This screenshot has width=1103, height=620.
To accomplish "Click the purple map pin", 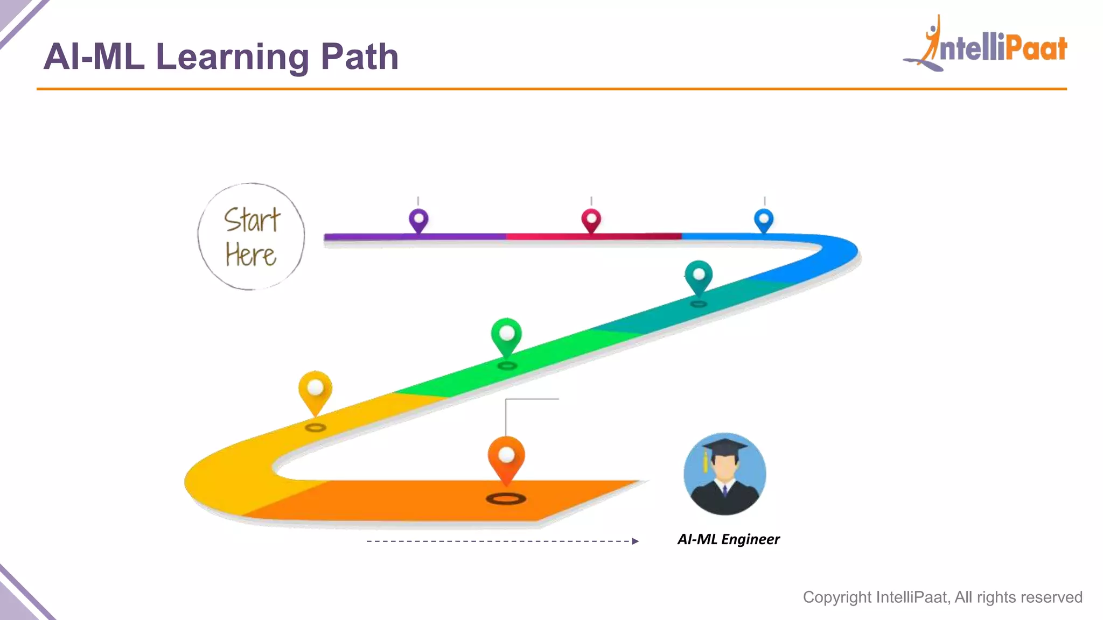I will (x=418, y=220).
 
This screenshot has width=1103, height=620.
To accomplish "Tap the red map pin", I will (x=591, y=220).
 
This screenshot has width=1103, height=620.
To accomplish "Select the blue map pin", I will (x=764, y=220).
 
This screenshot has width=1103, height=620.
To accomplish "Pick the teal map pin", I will (x=699, y=276).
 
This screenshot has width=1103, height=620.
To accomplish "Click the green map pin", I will (x=506, y=335).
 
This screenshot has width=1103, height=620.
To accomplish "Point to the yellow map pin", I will (x=315, y=389).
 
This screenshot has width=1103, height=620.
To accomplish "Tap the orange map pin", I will (x=506, y=457).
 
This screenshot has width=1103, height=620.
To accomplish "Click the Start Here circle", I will (x=251, y=237).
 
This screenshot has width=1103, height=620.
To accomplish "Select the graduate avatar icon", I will (x=724, y=474).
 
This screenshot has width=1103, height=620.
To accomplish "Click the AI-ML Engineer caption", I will (x=728, y=539).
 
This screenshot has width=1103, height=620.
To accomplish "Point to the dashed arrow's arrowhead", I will (x=636, y=541).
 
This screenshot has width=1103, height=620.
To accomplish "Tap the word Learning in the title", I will (x=232, y=57).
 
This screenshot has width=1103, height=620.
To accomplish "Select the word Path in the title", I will (x=359, y=57).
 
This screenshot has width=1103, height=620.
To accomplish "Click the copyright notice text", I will (x=943, y=597).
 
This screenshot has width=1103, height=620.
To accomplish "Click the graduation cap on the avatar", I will (x=724, y=447).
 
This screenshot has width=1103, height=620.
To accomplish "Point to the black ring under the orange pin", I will (x=506, y=499).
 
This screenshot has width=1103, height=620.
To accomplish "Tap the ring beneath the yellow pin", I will (x=316, y=428).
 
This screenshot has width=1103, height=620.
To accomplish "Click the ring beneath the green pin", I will (x=507, y=366).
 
